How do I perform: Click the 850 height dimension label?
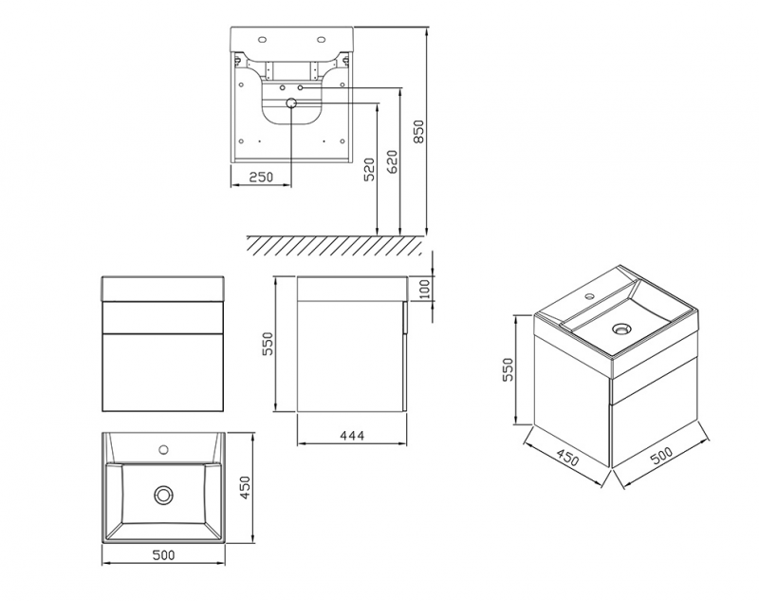(x=418, y=132)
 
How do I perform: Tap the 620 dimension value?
(x=392, y=161)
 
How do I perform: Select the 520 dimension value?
(x=369, y=169)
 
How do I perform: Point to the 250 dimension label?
(x=261, y=178)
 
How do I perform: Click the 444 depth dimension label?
(x=351, y=436)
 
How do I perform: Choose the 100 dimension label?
(x=423, y=290)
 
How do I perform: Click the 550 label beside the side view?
(x=268, y=344)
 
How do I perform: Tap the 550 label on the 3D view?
(x=507, y=369)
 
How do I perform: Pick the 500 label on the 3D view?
(x=661, y=456)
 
